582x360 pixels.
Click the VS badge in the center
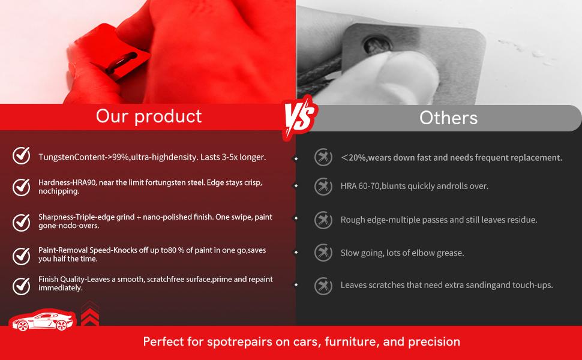299,115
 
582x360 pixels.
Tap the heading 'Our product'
149,116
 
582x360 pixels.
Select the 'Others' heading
448,118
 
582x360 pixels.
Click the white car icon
43,321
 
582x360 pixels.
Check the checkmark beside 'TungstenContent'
22,156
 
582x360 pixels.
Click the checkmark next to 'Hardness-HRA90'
22,187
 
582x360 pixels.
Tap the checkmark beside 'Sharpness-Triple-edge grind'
22,222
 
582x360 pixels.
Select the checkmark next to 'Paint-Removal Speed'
22,256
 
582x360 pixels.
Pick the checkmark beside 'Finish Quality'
22,286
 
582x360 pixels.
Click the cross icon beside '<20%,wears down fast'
323,157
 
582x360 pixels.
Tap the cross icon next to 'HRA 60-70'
323,187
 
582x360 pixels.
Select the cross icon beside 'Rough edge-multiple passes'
323,220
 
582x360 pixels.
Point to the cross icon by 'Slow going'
323,253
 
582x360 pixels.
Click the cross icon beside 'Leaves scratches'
323,286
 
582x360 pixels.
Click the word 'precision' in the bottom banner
434,342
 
